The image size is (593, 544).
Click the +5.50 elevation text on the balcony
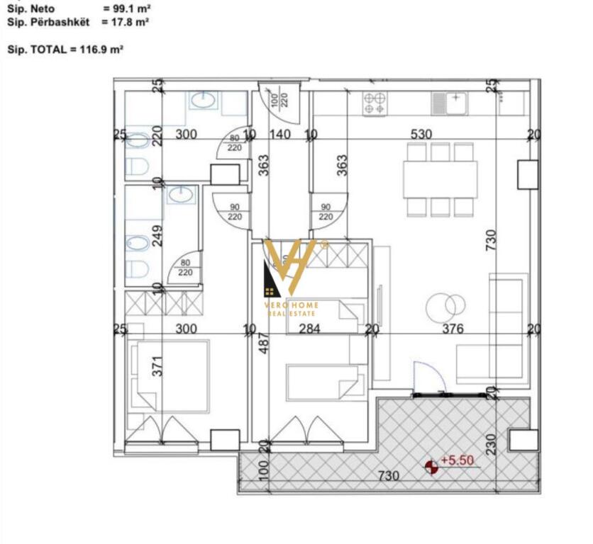click(458, 460)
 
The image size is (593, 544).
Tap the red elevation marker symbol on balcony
click(431, 466)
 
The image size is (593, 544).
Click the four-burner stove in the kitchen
click(375, 105)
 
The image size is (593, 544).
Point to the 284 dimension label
click(310, 329)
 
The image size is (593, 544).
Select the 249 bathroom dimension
click(157, 235)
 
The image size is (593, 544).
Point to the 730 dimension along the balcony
click(387, 475)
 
